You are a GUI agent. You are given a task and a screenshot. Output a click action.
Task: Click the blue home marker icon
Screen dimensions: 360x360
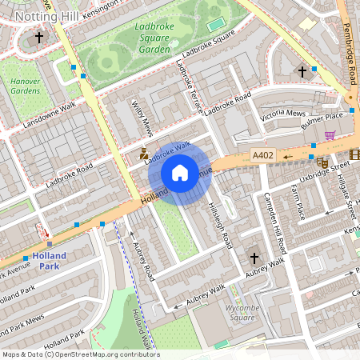(180, 173)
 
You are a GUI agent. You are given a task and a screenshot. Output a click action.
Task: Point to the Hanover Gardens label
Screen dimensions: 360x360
(23, 86)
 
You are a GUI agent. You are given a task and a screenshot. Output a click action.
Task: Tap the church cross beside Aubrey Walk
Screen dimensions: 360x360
(254, 258)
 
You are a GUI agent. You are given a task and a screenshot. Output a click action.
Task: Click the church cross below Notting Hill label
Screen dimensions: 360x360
(39, 37)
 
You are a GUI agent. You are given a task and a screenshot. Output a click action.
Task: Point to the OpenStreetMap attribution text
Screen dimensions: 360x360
(80, 354)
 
